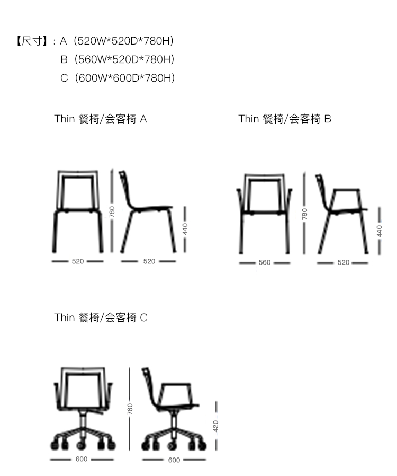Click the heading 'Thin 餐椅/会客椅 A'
click(x=101, y=119)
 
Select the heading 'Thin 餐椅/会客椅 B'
click(x=285, y=119)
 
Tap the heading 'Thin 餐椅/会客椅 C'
click(x=101, y=318)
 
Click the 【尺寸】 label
click(x=32, y=41)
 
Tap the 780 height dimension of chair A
click(x=112, y=211)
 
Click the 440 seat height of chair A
click(x=185, y=229)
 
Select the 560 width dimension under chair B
click(x=265, y=262)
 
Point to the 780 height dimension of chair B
click(x=304, y=214)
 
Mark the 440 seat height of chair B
click(x=379, y=231)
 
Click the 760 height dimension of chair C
click(x=130, y=409)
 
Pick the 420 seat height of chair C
click(x=216, y=426)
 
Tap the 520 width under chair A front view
click(x=78, y=261)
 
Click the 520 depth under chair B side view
click(x=344, y=262)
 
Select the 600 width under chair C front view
click(x=82, y=459)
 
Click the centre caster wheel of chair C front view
click(x=81, y=445)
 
